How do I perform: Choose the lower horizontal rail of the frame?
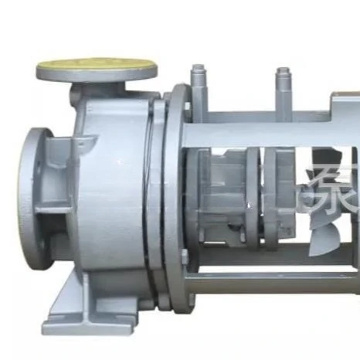tap(270, 282)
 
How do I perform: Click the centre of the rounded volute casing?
tap(108, 193)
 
